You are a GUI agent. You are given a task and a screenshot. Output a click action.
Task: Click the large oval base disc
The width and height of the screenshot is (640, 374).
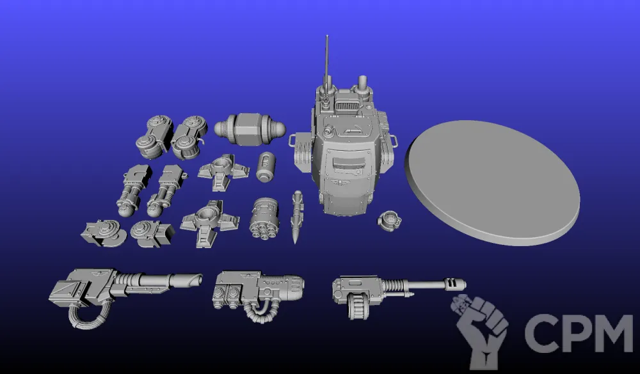[492, 182]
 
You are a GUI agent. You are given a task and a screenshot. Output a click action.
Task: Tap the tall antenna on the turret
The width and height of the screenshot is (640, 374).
[326, 61]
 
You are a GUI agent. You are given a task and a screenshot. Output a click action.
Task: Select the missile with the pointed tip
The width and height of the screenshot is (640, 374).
[297, 217]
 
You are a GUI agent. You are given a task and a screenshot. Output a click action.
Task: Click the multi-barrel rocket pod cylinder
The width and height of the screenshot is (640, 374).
[264, 218]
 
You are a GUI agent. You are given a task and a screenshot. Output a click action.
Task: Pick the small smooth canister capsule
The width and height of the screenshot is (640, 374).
[266, 167]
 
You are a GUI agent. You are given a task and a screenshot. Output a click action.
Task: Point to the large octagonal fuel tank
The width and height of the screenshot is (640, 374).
[250, 129]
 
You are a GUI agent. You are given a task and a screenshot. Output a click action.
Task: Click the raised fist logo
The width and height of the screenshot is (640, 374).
[480, 331]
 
